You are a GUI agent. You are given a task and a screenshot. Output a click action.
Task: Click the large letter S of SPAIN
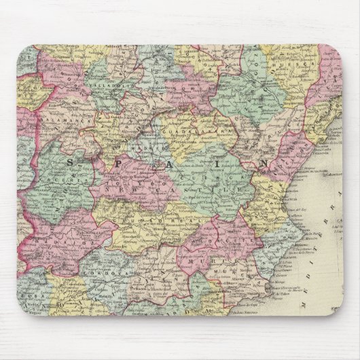tap(73, 165)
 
